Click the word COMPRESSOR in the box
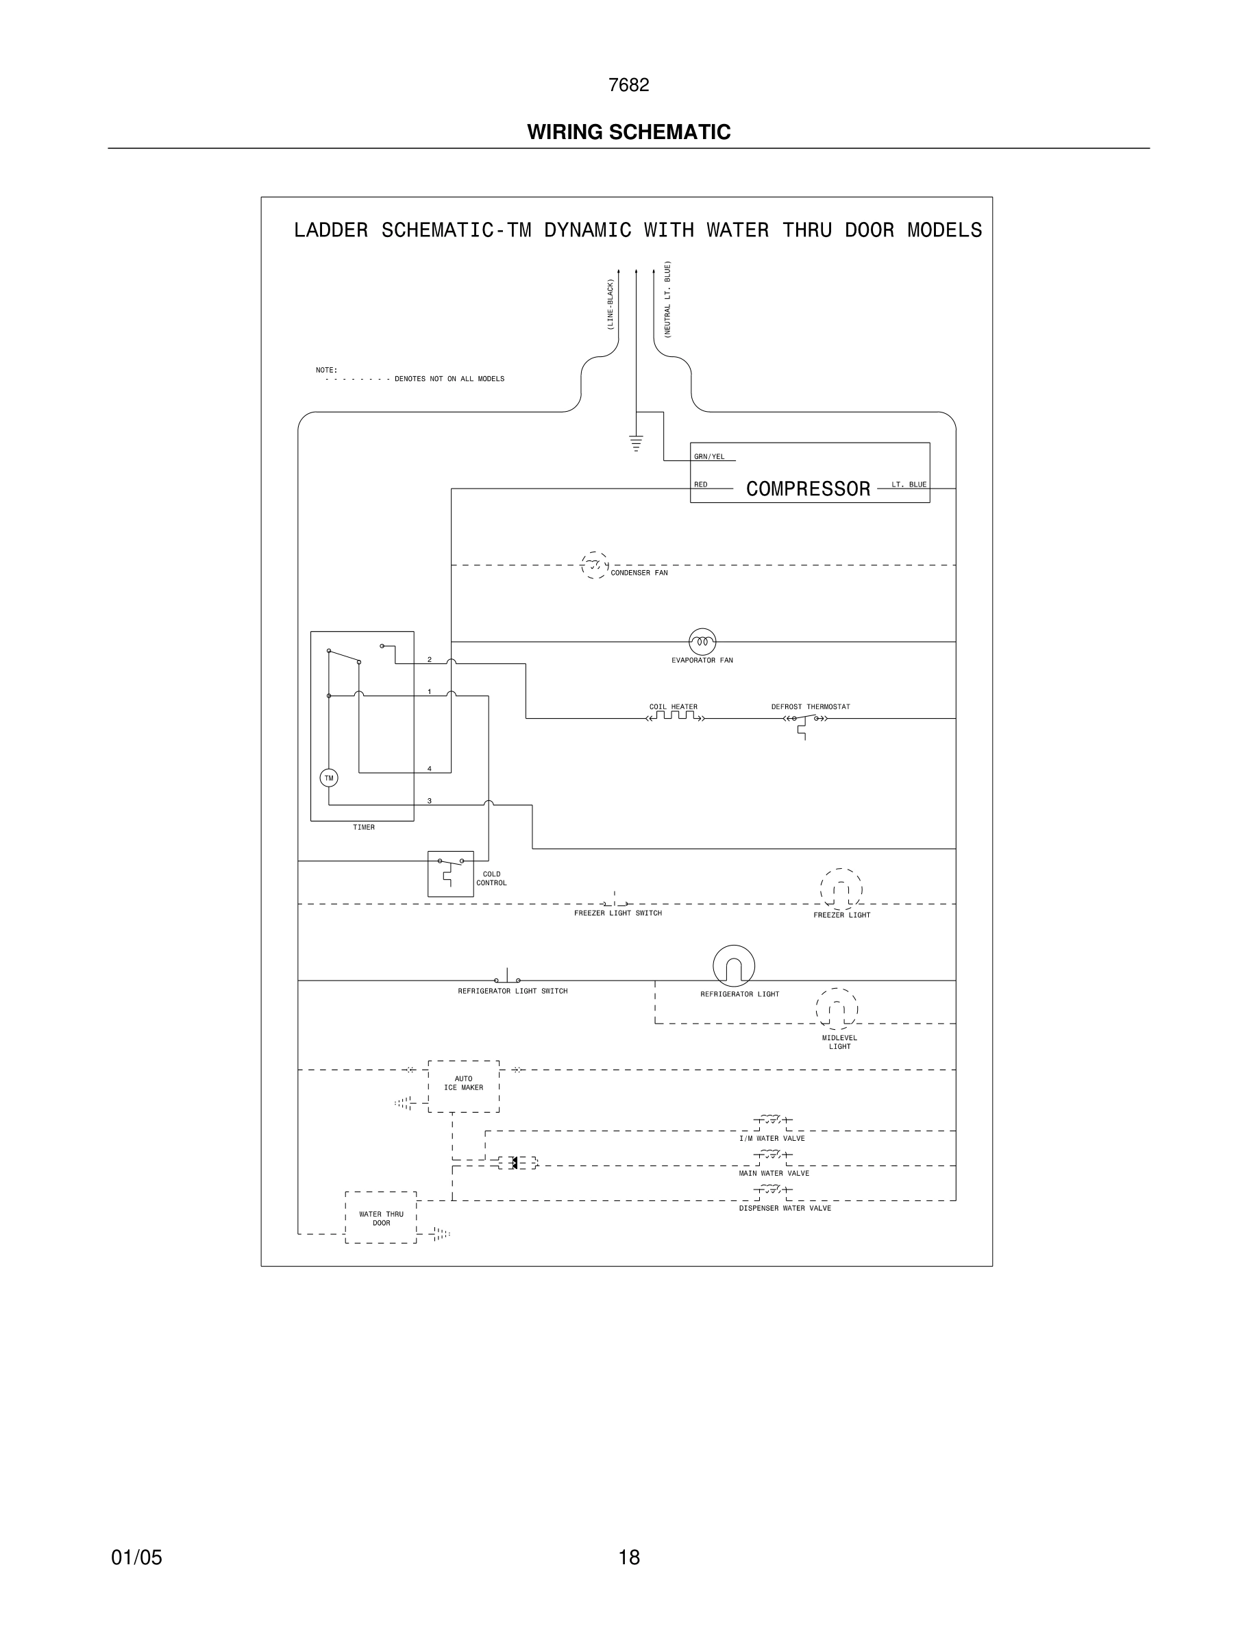tap(808, 489)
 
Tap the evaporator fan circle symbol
tap(702, 641)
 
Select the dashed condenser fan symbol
tap(594, 565)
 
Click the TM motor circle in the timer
tap(329, 778)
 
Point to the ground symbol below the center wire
tap(636, 443)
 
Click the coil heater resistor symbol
tap(675, 717)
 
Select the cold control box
tap(450, 873)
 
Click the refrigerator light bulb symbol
tap(733, 966)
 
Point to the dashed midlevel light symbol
tap(836, 1009)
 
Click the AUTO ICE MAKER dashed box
tap(464, 1086)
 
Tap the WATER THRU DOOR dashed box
tap(381, 1218)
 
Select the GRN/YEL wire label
tap(708, 456)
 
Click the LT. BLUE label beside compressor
tap(909, 484)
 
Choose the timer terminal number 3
tap(430, 800)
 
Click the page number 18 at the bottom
tap(629, 1557)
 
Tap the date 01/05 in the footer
tap(136, 1557)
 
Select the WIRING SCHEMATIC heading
tap(628, 132)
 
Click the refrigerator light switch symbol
tap(508, 978)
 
